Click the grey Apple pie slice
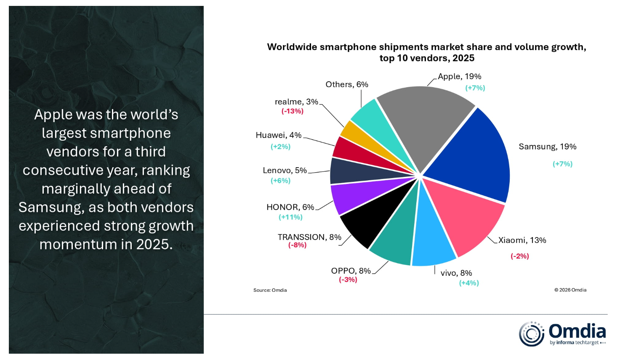423,122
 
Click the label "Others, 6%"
347,85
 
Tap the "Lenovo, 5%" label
285,171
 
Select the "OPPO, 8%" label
351,271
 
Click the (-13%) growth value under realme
293,111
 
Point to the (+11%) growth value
290,217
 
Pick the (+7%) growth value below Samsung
562,164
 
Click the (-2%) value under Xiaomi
519,256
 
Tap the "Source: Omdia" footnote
270,290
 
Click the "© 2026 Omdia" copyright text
570,290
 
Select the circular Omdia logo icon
531,334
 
